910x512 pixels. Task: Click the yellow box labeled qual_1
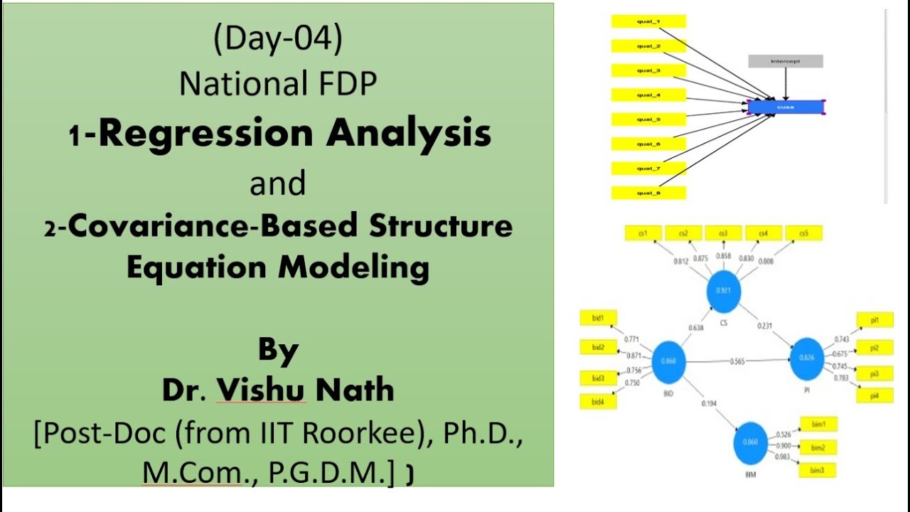648,22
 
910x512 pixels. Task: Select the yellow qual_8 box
648,193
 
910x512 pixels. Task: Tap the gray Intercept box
786,61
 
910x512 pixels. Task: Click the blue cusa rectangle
786,107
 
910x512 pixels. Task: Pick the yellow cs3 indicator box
723,233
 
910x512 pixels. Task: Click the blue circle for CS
724,290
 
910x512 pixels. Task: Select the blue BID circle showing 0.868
668,361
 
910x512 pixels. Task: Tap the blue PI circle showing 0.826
806,357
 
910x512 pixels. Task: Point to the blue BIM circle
751,442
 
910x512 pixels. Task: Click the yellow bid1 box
598,319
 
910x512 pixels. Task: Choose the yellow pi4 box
874,396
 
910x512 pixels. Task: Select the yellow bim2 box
818,447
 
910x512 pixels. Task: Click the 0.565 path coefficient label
737,361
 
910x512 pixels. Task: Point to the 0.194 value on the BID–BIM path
709,403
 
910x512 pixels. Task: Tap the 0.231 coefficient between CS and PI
765,326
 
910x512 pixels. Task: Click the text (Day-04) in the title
278,40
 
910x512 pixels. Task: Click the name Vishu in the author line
261,389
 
